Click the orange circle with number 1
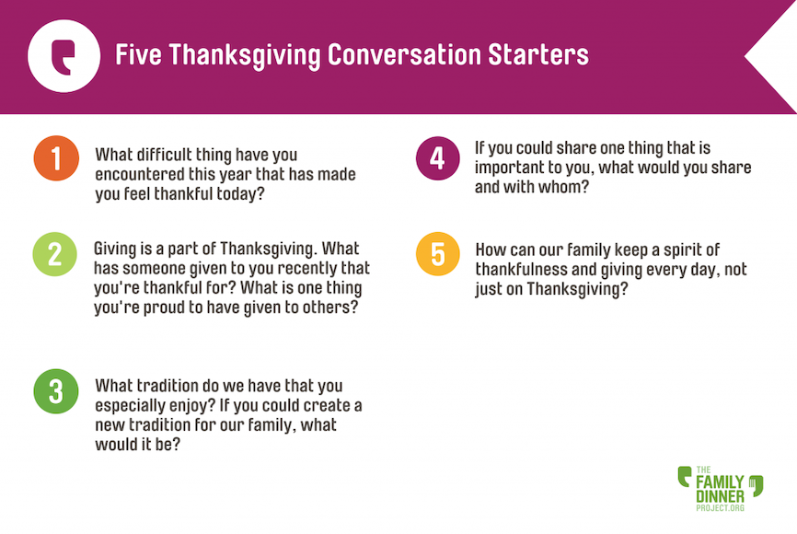pos(56,158)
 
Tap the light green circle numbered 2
pos(55,254)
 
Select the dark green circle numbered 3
pos(56,391)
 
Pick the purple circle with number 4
pos(438,158)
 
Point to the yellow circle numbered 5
pos(438,254)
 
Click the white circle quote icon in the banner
pos(64,56)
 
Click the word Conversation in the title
pos(404,55)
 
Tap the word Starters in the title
pos(538,55)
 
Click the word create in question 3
pos(324,405)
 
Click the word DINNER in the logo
pos(720,496)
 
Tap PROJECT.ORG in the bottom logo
pos(720,507)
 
